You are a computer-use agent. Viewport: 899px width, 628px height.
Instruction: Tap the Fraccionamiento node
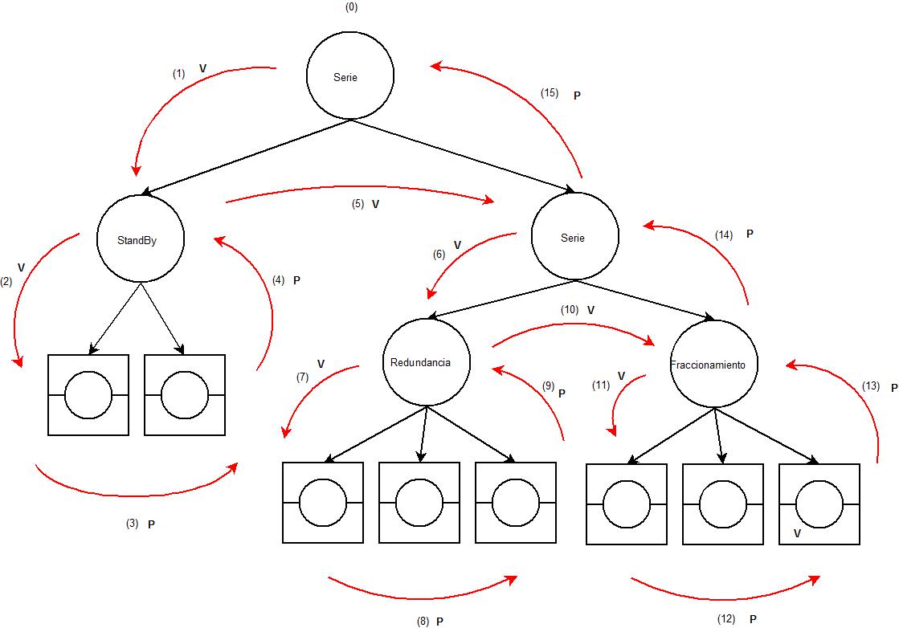pos(713,365)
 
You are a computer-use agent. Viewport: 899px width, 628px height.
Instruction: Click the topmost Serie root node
pos(350,76)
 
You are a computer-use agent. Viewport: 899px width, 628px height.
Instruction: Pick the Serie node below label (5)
pos(575,238)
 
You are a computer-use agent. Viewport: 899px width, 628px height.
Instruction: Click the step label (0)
pos(350,7)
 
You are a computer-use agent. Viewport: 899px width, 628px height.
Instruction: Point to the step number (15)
pos(550,93)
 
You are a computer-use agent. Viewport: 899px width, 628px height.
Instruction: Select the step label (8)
pos(423,621)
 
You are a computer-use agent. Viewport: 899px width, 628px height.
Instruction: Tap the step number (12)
pos(725,619)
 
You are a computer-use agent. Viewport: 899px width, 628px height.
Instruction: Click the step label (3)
pos(133,524)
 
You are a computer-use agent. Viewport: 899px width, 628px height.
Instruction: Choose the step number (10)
pos(570,309)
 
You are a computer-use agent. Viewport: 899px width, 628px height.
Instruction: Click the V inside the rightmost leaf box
pos(797,532)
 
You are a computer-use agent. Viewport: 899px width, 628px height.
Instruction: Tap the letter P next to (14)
pos(750,234)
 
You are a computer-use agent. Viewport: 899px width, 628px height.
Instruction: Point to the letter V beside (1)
pos(202,69)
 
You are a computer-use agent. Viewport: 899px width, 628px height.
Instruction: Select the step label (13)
pos(870,386)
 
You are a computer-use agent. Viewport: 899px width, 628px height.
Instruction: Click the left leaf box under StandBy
pos(88,395)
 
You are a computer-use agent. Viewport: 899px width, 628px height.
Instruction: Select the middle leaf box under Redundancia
pos(419,502)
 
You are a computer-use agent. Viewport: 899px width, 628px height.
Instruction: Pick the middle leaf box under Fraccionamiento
pos(723,504)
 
